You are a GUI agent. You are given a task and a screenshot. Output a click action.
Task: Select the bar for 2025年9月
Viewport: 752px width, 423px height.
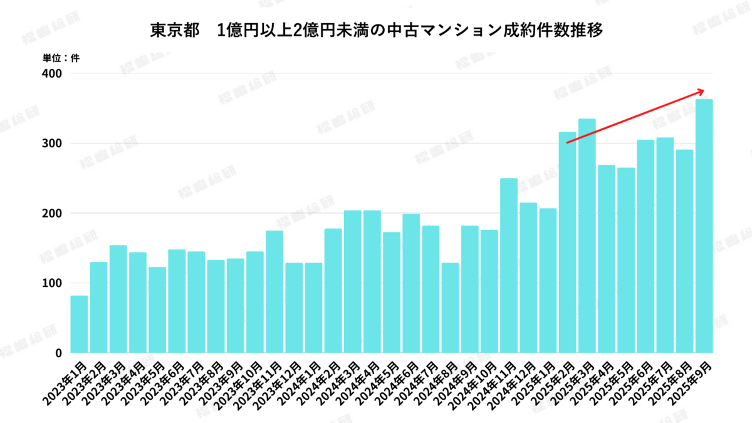[x=704, y=226]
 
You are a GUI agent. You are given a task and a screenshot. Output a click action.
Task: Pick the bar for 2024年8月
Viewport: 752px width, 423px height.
[x=450, y=308]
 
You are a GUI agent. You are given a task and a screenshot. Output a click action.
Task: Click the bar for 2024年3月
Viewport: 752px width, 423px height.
[x=353, y=281]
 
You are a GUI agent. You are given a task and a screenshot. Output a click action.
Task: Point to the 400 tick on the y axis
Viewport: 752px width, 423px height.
[x=53, y=73]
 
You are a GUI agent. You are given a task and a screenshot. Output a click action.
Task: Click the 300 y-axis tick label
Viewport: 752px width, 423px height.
[x=53, y=144]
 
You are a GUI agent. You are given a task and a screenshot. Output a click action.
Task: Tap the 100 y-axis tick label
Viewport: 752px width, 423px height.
[x=53, y=283]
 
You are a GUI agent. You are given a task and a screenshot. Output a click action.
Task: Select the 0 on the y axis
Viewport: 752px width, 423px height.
[x=58, y=353]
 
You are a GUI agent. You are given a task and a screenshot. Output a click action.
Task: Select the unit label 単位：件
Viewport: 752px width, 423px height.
[x=61, y=58]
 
